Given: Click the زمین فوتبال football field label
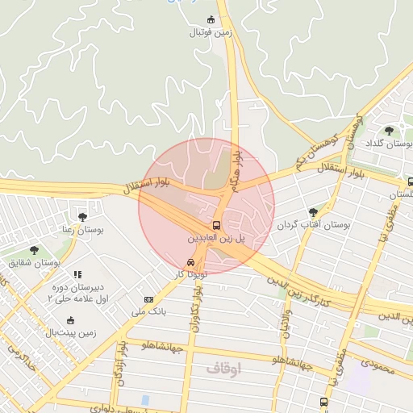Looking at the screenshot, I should pyautogui.click(x=211, y=32).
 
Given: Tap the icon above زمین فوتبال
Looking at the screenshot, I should pyautogui.click(x=211, y=19).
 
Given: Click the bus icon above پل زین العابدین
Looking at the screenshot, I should pyautogui.click(x=216, y=225).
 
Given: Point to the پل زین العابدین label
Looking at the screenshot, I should pyautogui.click(x=214, y=240).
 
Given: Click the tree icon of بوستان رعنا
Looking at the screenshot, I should pyautogui.click(x=82, y=216).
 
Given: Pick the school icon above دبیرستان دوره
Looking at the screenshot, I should pyautogui.click(x=77, y=275).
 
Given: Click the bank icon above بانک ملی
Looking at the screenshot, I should pyautogui.click(x=148, y=299).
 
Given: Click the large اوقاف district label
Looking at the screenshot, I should pyautogui.click(x=223, y=368).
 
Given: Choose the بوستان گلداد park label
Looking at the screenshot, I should pyautogui.click(x=390, y=142).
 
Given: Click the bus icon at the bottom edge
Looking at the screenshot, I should pyautogui.click(x=323, y=401).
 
